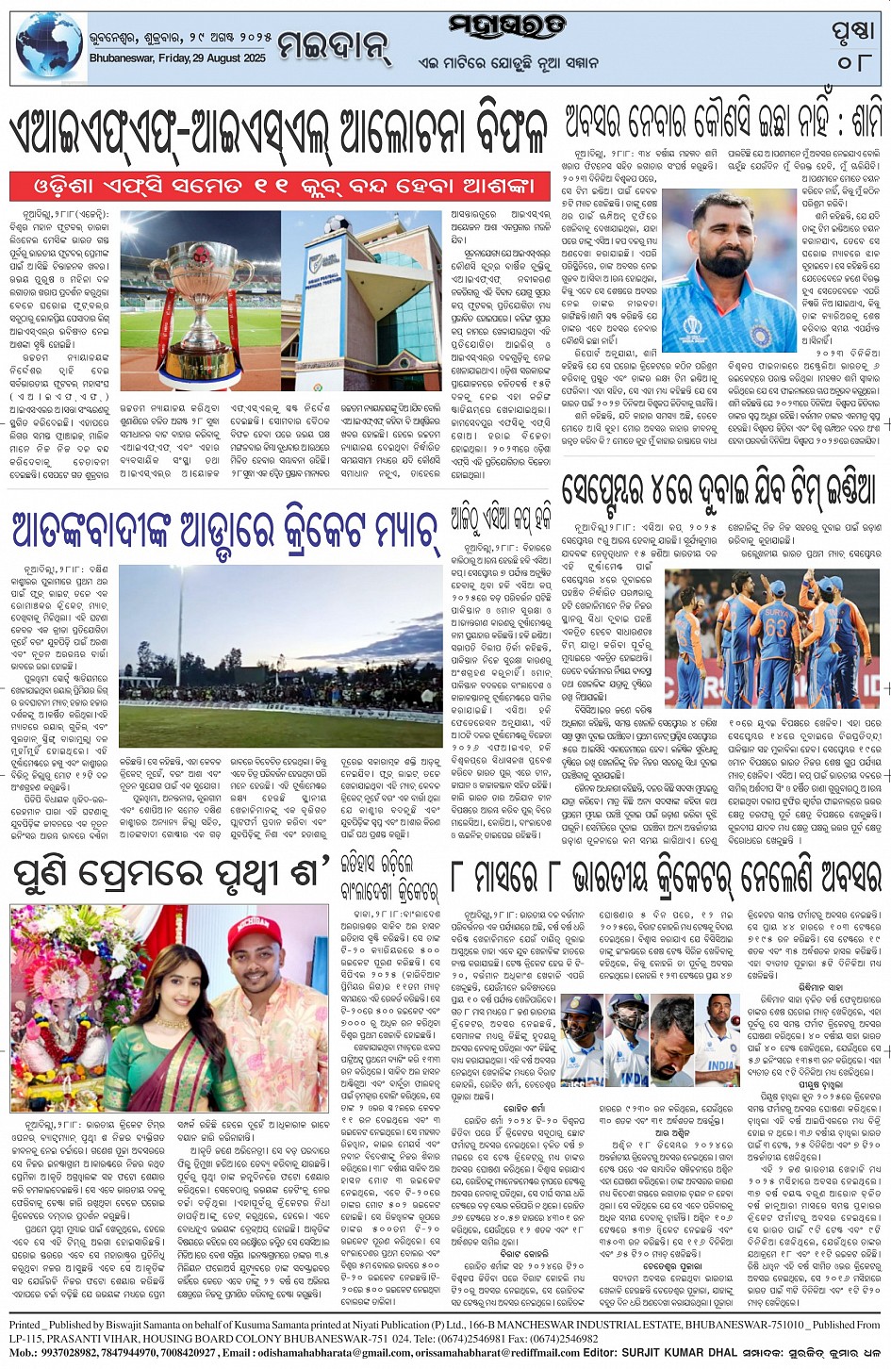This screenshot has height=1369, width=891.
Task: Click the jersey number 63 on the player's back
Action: tap(775, 627)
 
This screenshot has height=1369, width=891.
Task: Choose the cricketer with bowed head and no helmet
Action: tap(671, 1037)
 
